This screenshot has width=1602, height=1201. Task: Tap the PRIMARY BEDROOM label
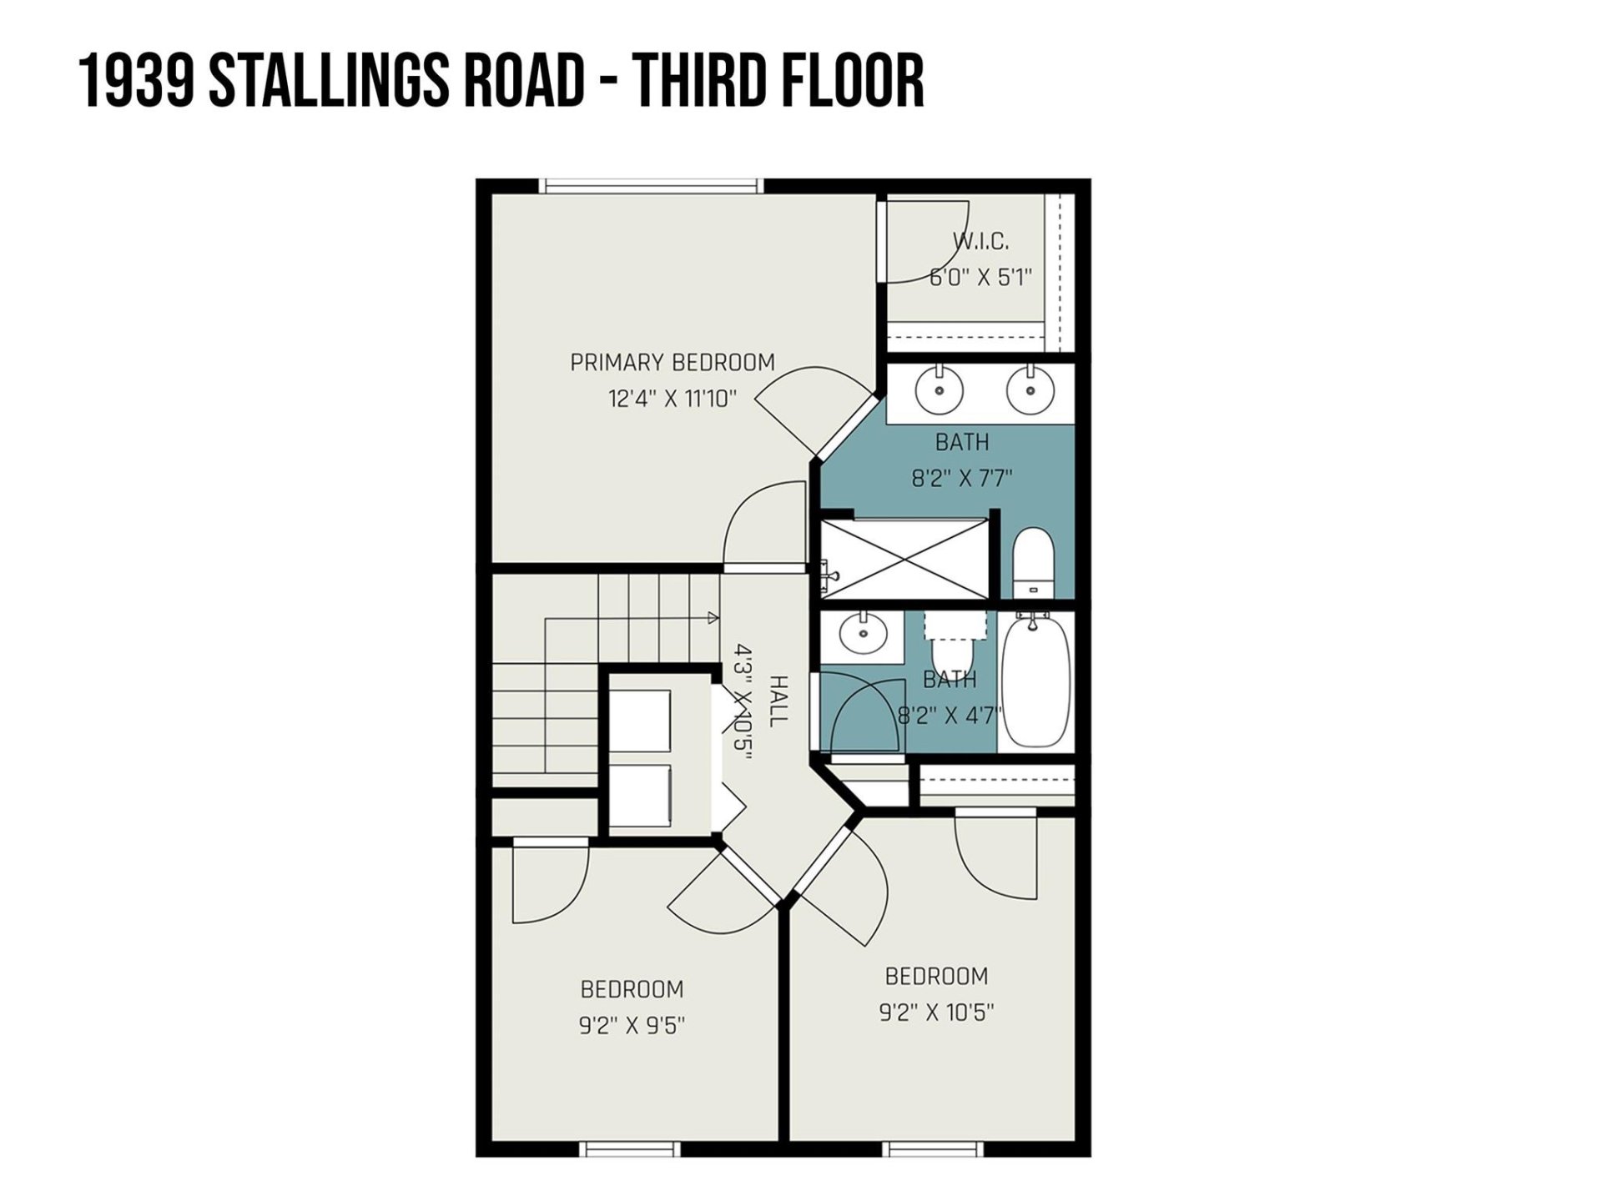673,363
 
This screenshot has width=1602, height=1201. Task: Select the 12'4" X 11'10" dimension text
673,399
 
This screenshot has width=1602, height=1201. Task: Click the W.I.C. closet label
981,242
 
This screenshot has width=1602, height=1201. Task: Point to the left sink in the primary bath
940,389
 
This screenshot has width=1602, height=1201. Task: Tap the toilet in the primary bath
1034,563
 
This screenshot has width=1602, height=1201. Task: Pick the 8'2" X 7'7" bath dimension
962,479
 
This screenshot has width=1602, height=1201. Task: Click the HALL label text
777,701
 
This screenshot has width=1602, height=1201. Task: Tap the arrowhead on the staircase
713,618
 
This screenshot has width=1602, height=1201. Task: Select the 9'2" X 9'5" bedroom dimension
632,1025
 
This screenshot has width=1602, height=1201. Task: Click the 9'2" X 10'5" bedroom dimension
936,1012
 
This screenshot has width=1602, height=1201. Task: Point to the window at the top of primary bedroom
649,186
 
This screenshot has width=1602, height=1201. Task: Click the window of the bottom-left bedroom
631,1149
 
